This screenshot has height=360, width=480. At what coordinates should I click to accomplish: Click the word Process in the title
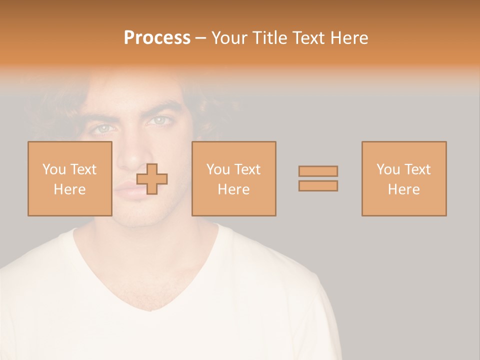(x=157, y=38)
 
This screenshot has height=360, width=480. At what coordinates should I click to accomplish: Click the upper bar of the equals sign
(x=318, y=171)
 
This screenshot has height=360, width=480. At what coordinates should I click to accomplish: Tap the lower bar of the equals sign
(x=318, y=186)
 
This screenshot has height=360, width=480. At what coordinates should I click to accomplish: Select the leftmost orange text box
(x=69, y=178)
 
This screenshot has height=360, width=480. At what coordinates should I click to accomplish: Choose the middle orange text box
(x=233, y=178)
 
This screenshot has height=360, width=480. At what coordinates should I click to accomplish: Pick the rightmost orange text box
(x=404, y=178)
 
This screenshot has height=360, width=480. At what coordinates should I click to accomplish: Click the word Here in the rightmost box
(x=404, y=189)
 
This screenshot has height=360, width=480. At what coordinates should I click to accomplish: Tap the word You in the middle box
(x=218, y=169)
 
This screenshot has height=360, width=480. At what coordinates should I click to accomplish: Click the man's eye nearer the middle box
(x=161, y=120)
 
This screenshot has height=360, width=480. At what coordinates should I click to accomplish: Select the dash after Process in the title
(x=201, y=38)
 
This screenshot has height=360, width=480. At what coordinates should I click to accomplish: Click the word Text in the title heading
(x=309, y=38)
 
